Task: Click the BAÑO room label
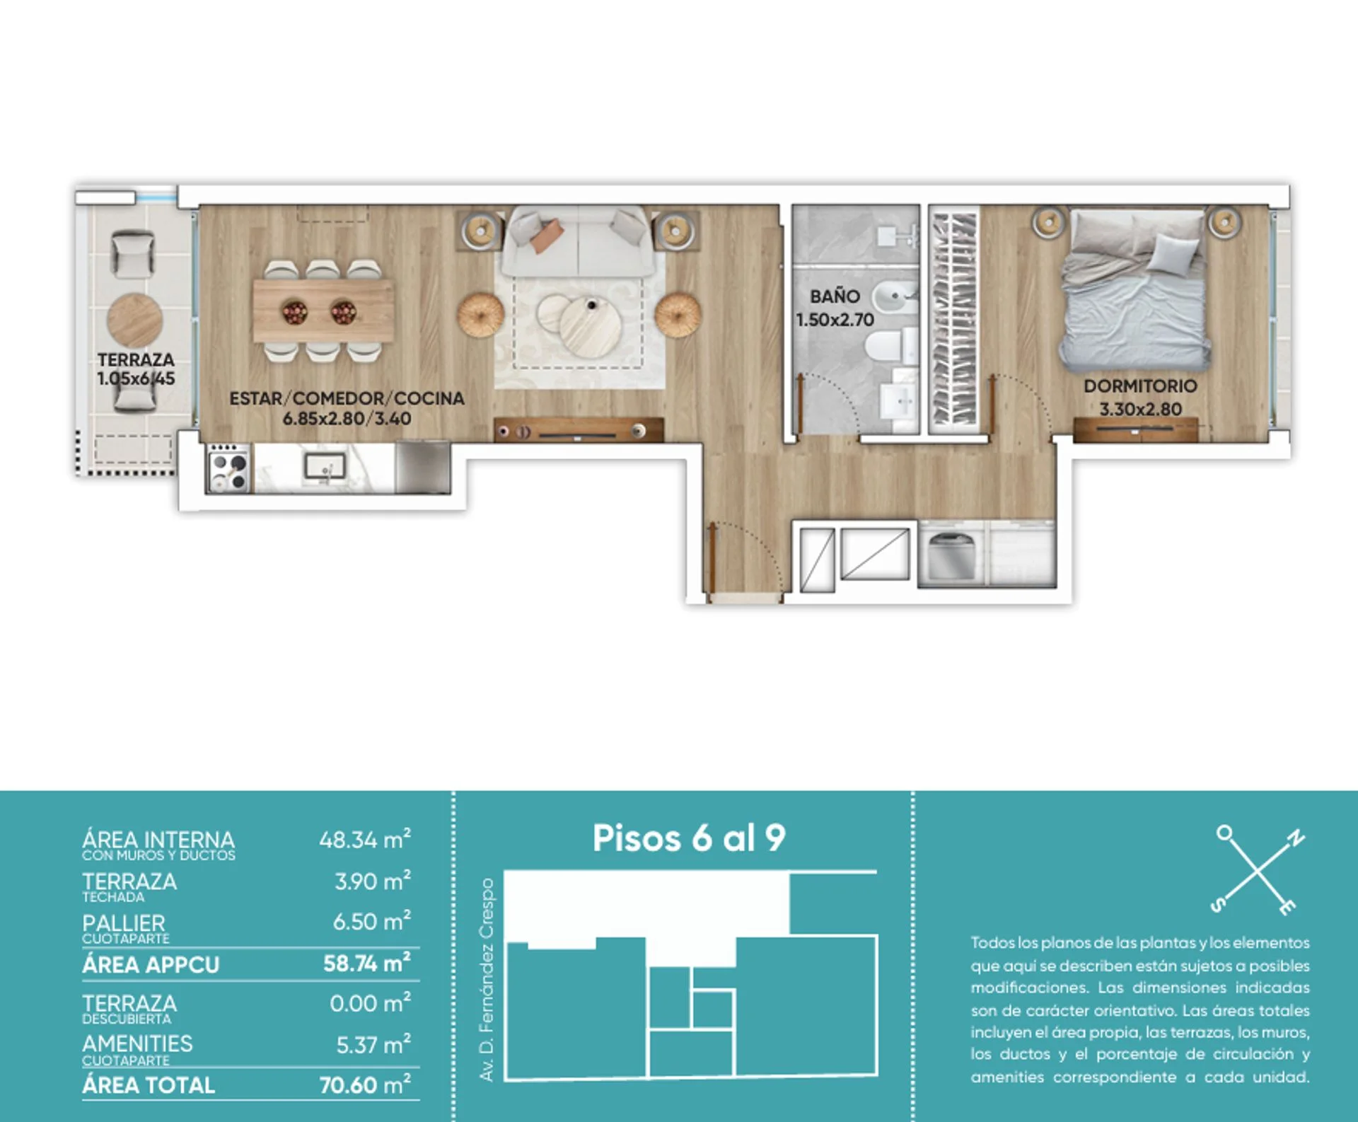(x=835, y=296)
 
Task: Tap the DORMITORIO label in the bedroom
(x=1140, y=386)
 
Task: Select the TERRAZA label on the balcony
(x=136, y=360)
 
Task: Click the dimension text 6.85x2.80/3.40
(x=347, y=419)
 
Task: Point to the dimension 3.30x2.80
(x=1140, y=409)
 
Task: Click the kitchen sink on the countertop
(x=325, y=466)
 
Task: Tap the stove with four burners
(x=229, y=468)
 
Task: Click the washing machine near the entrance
(x=952, y=556)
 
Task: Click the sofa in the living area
(x=577, y=241)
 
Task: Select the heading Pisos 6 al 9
(x=689, y=838)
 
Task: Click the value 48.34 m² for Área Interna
(x=365, y=840)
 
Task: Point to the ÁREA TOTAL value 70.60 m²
(x=365, y=1085)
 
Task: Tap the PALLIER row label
(x=124, y=923)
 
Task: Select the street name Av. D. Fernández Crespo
(x=487, y=980)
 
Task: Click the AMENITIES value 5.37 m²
(x=373, y=1045)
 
